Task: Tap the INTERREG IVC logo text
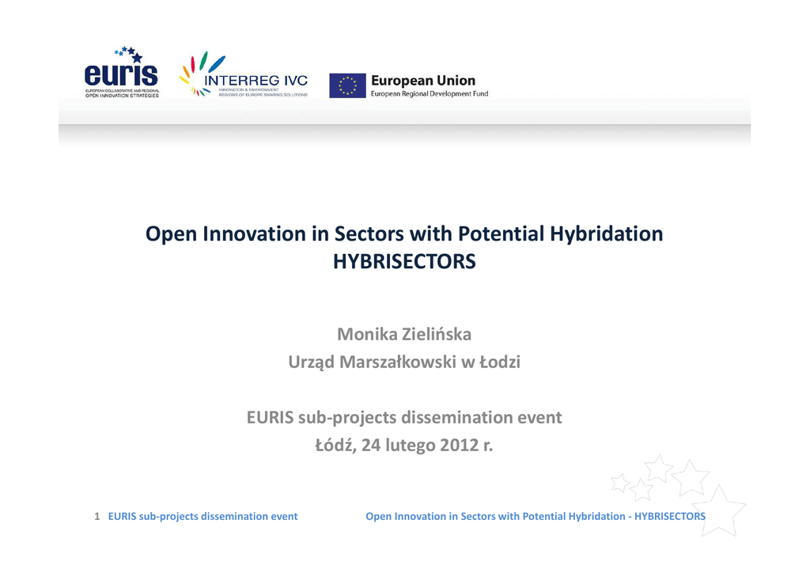255,81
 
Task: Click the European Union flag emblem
348,85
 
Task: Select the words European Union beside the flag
423,81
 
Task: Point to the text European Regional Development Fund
430,94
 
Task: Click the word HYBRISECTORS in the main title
404,261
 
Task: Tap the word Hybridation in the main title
607,233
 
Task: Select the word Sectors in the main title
369,233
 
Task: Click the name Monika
367,334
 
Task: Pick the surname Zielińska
437,334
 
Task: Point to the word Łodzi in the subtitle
500,362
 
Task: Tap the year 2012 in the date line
459,445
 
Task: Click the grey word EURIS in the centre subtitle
270,417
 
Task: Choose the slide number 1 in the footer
97,516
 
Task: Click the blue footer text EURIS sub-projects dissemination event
202,516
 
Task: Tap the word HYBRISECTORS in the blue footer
669,516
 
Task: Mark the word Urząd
311,362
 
